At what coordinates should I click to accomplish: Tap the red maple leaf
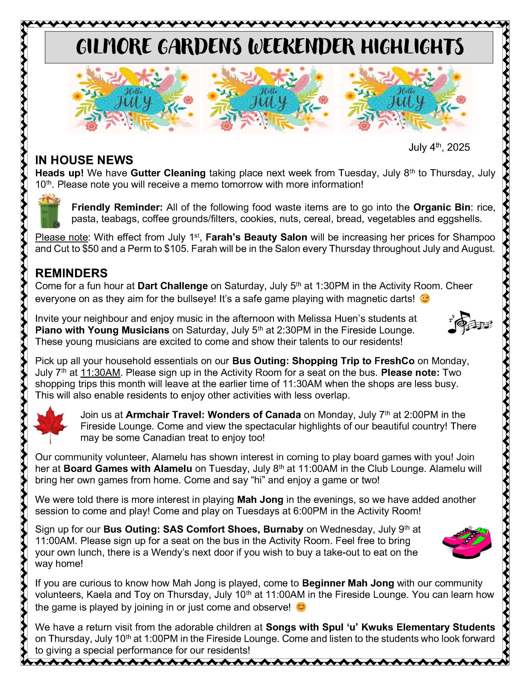click(50, 424)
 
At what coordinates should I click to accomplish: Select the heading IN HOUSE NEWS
click(84, 160)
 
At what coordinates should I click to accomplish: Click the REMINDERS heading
click(71, 273)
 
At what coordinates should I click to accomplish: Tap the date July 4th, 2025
click(439, 147)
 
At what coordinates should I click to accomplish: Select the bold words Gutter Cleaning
click(168, 173)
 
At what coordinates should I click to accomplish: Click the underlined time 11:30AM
click(100, 372)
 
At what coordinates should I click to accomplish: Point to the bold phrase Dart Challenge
click(173, 286)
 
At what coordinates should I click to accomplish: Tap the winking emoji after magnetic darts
click(425, 299)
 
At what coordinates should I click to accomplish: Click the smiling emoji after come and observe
click(301, 607)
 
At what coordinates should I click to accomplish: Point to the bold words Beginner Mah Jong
click(348, 583)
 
